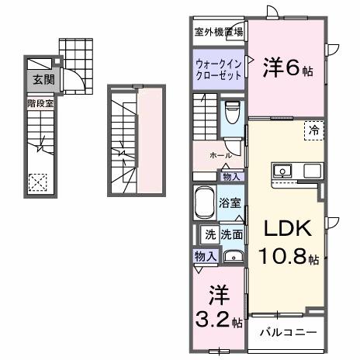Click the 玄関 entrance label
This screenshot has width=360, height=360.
[39, 78]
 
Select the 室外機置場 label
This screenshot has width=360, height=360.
[218, 32]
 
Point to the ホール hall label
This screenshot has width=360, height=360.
[220, 155]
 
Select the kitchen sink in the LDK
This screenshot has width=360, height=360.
[281, 171]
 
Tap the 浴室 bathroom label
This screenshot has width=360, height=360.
[229, 204]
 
